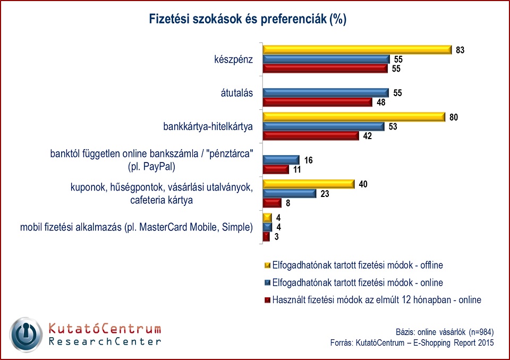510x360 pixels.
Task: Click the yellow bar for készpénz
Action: pyautogui.click(x=356, y=49)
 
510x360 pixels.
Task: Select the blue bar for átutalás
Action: pyautogui.click(x=326, y=92)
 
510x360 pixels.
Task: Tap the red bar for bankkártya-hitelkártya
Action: pyautogui.click(x=311, y=135)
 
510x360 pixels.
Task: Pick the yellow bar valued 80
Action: pyautogui.click(x=353, y=116)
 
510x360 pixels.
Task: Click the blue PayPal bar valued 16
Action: pyautogui.click(x=281, y=160)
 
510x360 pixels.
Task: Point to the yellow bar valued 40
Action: pyautogui.click(x=308, y=184)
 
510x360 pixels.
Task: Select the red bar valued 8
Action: pyautogui.click(x=272, y=203)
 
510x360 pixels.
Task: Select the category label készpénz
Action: pyautogui.click(x=229, y=59)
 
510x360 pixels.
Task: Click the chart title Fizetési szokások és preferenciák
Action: pyautogui.click(x=240, y=20)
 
